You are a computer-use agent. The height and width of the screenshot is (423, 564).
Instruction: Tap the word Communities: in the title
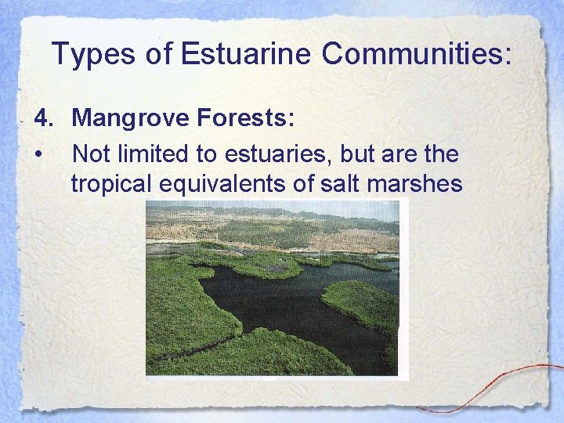click(x=417, y=54)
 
